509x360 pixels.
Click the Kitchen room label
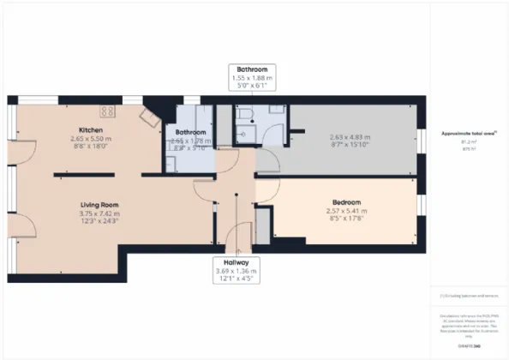[x=92, y=130]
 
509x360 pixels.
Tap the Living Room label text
[x=99, y=205]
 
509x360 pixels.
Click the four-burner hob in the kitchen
[x=109, y=111]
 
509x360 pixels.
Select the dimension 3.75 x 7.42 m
[x=99, y=214]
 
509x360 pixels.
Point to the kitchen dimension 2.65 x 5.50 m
[x=92, y=140]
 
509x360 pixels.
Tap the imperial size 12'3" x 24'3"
[x=99, y=223]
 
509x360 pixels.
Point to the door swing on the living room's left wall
[x=25, y=224]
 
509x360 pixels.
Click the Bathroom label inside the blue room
[x=190, y=133]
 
